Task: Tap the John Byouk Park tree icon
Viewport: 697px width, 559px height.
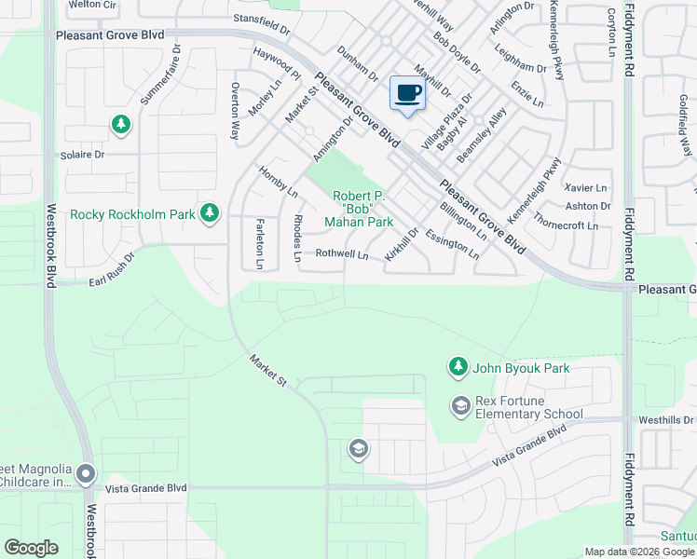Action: pos(458,368)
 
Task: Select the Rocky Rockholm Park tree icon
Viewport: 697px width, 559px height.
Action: pos(210,213)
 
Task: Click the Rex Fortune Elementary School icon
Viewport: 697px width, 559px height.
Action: pos(460,406)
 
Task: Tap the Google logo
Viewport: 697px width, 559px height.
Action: pos(31,548)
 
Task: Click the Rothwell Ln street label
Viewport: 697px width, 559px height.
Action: pos(342,253)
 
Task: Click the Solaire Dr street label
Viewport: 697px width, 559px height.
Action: pos(82,155)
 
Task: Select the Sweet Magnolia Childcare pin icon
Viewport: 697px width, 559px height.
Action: pos(87,475)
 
